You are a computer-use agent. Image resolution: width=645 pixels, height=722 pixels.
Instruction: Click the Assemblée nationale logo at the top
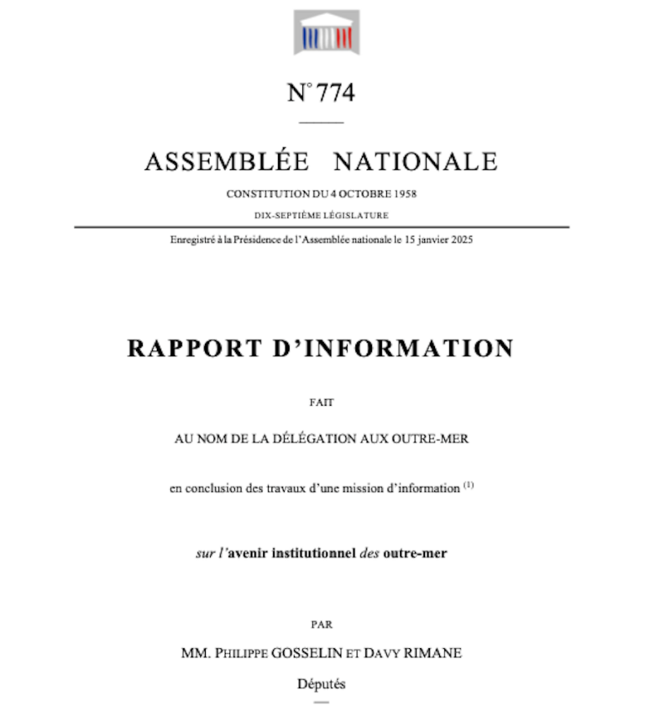pos(326,31)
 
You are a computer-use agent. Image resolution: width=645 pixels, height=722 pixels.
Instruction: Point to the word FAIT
pos(322,403)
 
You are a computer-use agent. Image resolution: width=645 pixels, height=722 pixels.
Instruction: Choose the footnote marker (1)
pos(469,485)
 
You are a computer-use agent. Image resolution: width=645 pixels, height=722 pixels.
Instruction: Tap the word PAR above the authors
pos(322,625)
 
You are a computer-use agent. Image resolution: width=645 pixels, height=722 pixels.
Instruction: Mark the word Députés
pos(322,683)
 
